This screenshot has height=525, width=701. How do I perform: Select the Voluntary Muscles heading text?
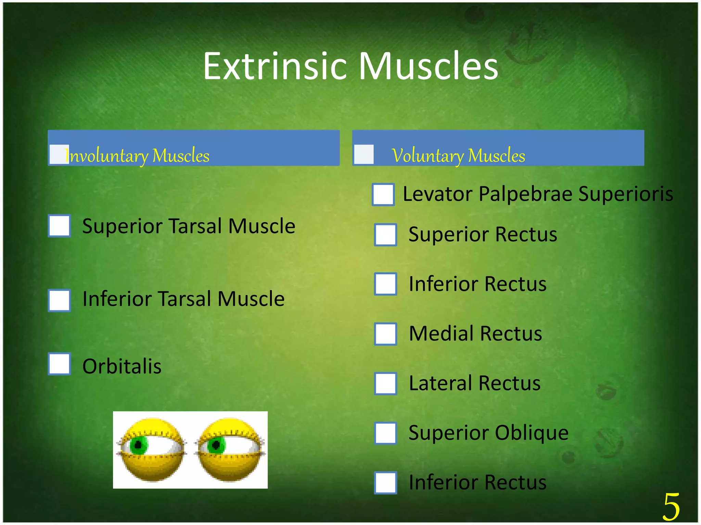(458, 156)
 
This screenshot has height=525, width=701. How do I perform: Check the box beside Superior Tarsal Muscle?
(59, 226)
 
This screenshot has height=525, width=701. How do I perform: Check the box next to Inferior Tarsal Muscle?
(59, 300)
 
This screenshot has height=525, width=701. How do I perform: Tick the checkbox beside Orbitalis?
(59, 364)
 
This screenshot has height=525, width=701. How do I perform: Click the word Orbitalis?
(122, 366)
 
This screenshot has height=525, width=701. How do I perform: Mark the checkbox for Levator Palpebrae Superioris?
(383, 194)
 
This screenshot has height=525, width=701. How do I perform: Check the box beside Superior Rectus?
(385, 235)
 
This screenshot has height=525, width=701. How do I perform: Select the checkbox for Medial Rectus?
(385, 334)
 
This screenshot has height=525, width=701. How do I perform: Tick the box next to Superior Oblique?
(385, 433)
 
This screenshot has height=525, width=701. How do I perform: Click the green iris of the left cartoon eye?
(139, 445)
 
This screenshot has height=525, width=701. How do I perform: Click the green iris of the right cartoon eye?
(216, 445)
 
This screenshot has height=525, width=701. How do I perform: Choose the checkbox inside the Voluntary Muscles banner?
(364, 154)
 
